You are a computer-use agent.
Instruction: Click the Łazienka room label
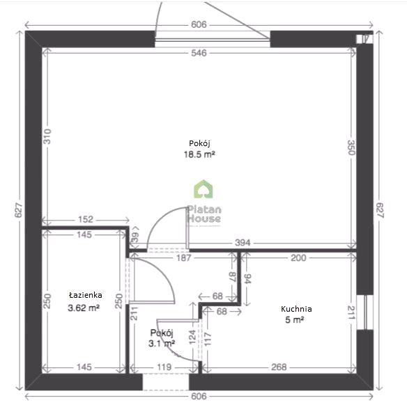(85, 295)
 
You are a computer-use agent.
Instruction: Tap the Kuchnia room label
(296, 309)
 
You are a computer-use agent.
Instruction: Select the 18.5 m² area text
(199, 154)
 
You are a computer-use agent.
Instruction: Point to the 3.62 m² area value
(84, 308)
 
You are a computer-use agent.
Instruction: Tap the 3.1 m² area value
(162, 344)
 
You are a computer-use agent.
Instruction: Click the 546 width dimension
(199, 53)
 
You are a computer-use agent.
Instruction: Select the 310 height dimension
(47, 136)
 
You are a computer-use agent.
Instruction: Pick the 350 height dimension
(351, 147)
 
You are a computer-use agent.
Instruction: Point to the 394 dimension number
(243, 243)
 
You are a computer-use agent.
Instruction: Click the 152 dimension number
(86, 220)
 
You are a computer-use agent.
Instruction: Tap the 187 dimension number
(183, 258)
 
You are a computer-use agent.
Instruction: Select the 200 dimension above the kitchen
(298, 258)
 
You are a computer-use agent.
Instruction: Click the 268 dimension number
(279, 367)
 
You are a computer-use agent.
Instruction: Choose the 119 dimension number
(164, 367)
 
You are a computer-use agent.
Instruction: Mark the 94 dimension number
(247, 278)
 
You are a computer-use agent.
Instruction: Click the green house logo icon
(203, 189)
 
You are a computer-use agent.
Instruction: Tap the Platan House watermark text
(204, 214)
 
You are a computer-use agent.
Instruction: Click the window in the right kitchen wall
(365, 312)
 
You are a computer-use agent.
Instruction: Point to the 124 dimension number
(192, 337)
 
